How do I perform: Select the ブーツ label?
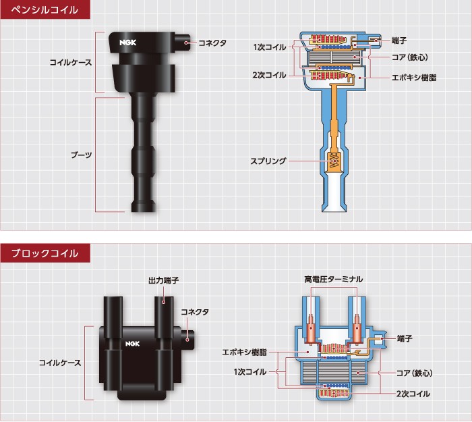[82, 155]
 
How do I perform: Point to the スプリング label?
[268, 161]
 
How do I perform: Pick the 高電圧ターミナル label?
[333, 279]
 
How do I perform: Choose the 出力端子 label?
[163, 280]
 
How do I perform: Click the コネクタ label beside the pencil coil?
[212, 43]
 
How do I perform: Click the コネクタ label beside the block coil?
[195, 312]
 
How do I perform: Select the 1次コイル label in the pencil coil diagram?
[269, 47]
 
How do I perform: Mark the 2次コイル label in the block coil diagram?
[413, 393]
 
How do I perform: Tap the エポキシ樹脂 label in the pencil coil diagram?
[414, 78]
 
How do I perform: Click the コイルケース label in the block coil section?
[60, 363]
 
